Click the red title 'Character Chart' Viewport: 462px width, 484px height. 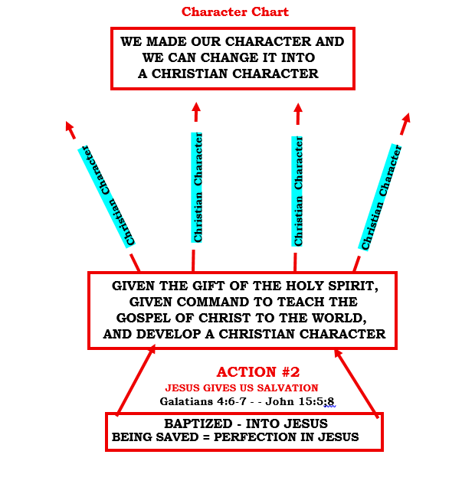tap(235, 12)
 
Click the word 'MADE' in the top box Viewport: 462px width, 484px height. tap(168, 42)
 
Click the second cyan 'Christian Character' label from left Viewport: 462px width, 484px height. tap(198, 188)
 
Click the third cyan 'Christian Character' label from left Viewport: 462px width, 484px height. tap(299, 191)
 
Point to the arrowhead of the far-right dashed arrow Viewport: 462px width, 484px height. tap(406, 119)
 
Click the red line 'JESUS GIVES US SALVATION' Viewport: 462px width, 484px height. tap(242, 388)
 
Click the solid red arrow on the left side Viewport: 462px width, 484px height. tap(136, 380)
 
